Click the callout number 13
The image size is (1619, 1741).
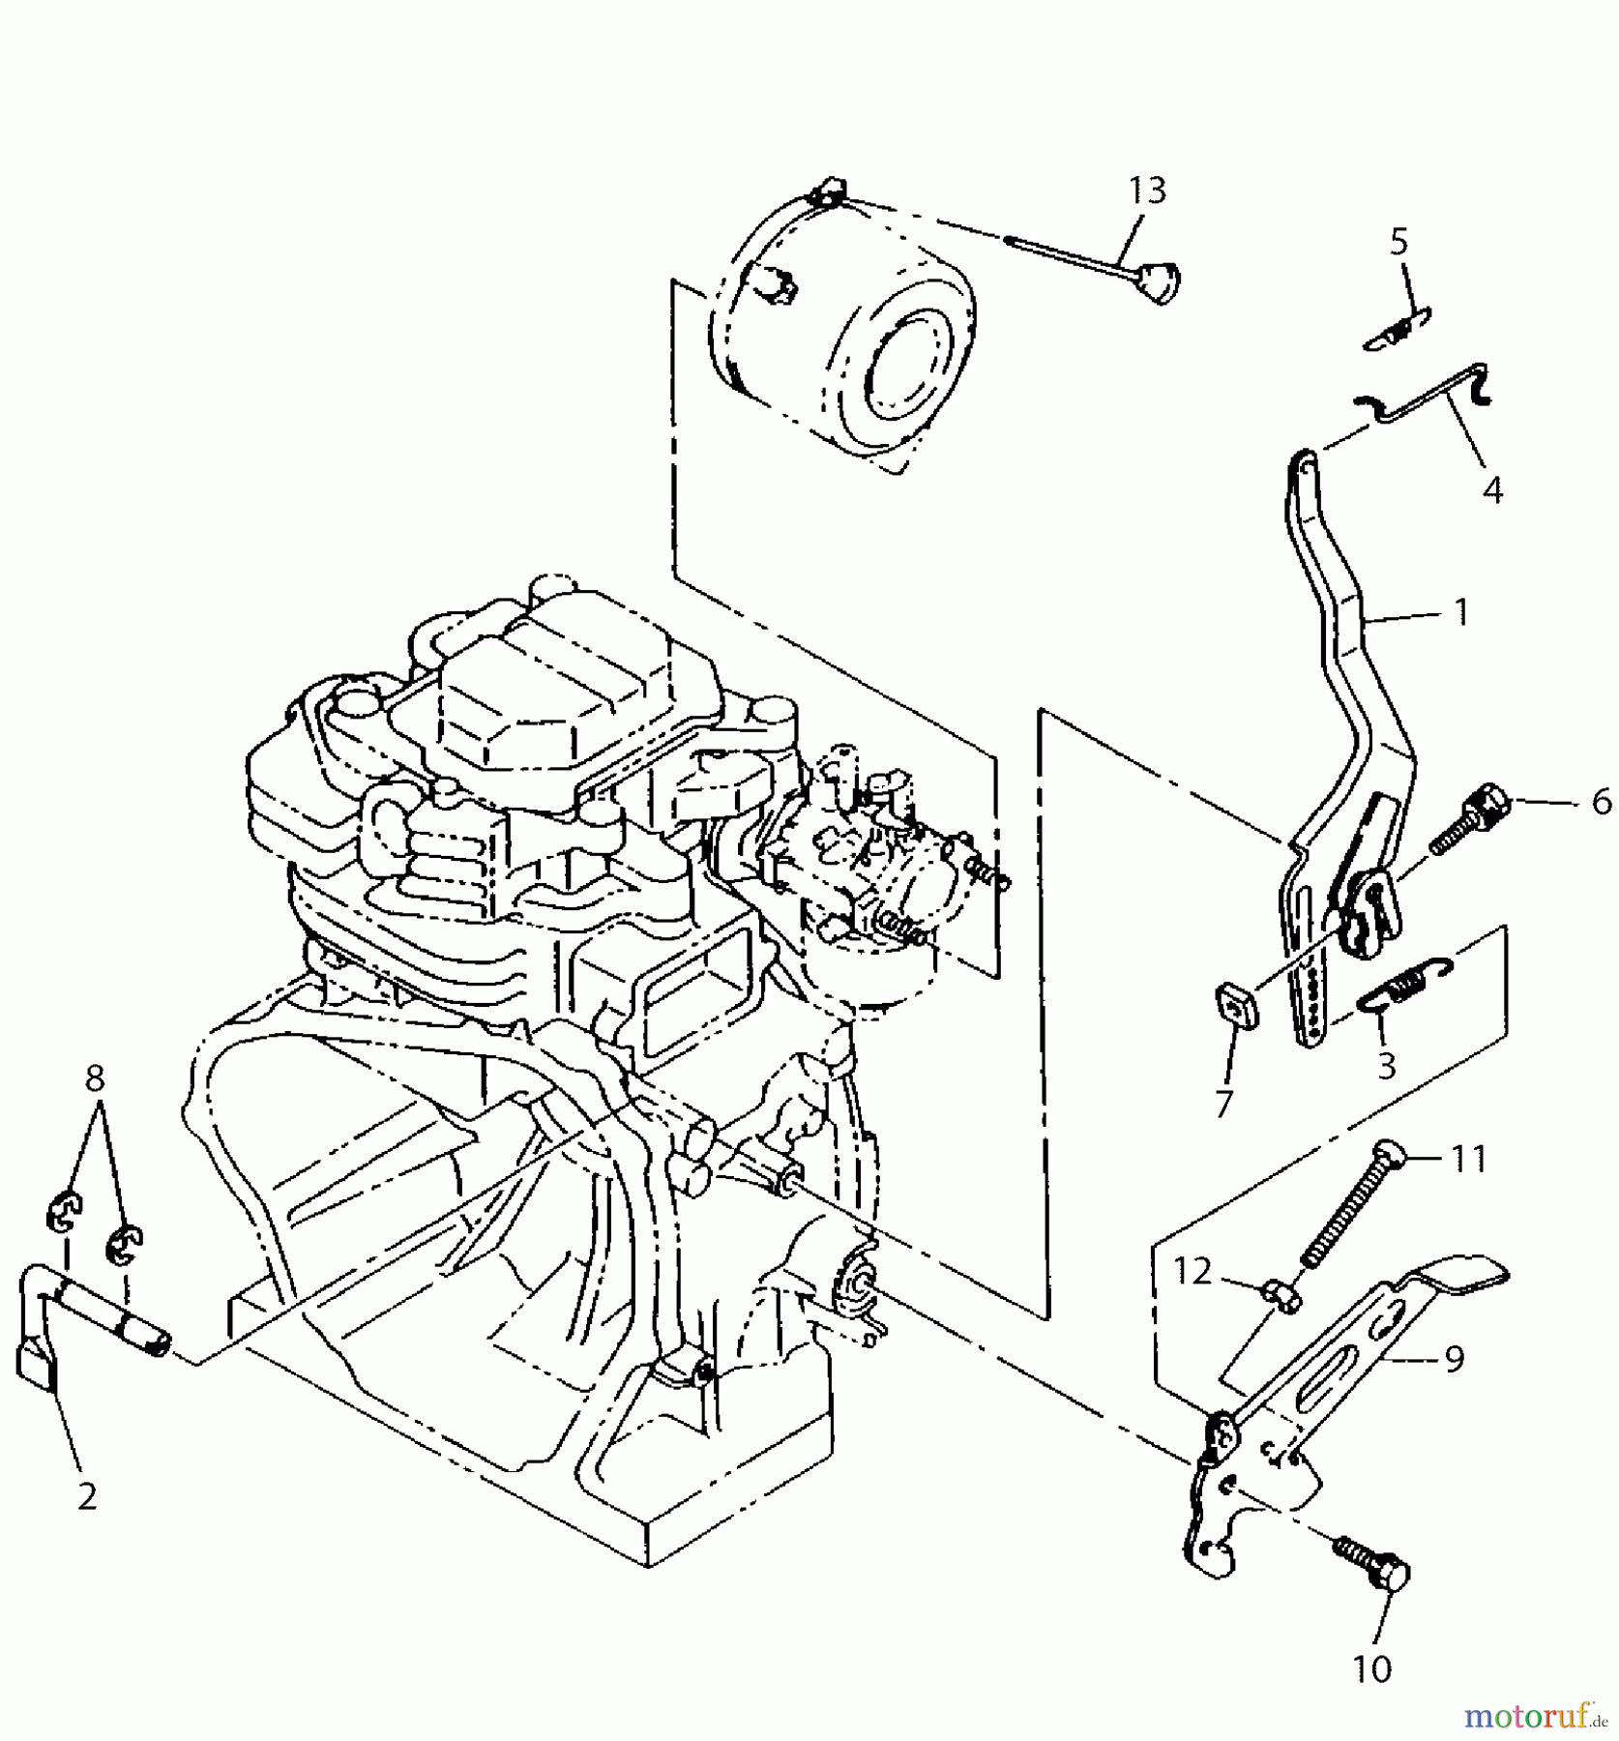pos(1147,191)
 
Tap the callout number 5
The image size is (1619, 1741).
pos(1399,242)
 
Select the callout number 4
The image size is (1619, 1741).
pos(1492,490)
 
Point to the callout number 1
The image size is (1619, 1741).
pos(1461,611)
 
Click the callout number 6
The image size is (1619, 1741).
pos(1601,801)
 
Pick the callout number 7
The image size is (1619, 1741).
pos(1224,1104)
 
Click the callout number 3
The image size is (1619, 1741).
pos(1386,1067)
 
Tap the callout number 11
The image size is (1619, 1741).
pos(1468,1158)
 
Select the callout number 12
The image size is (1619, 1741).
pos(1192,1271)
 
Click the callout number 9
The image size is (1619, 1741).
pos(1454,1359)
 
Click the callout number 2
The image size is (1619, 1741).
pos(87,1496)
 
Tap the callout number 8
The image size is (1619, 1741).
pos(94,1078)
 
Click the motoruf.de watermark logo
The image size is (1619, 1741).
pos(1536,1716)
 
